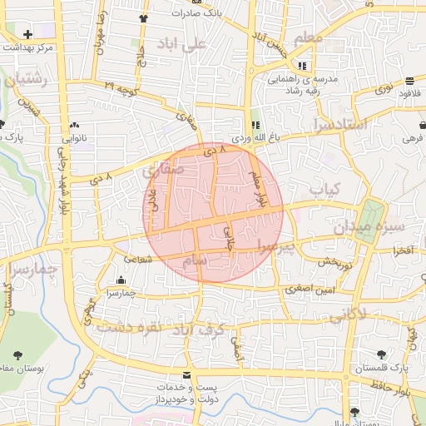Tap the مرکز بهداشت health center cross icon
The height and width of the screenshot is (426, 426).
[x=28, y=35]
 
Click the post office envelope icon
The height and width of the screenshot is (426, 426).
[x=186, y=376]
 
